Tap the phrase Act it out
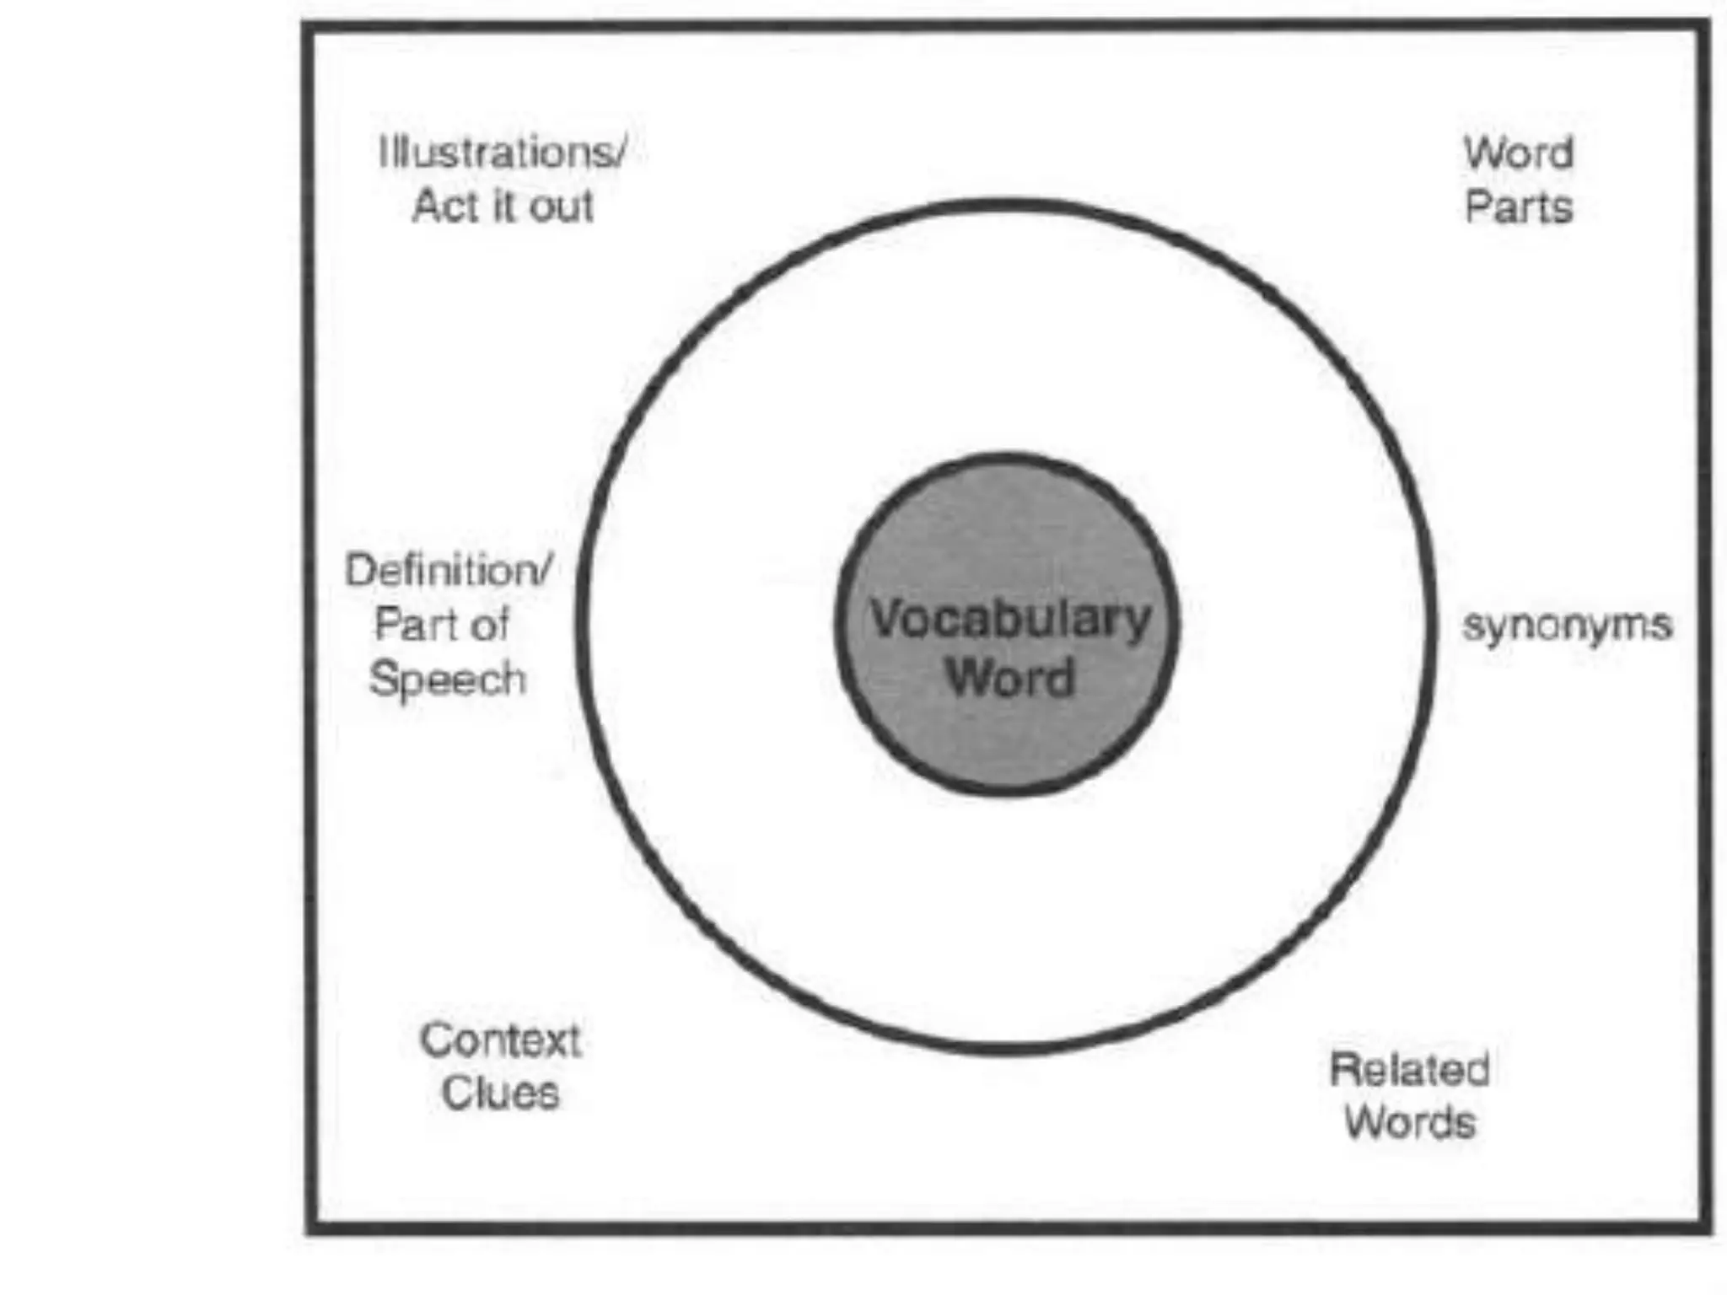503,207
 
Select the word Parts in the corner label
1518,207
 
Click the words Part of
441,625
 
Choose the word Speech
447,679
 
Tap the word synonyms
1567,626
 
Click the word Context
500,1040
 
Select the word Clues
500,1093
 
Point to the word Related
1409,1070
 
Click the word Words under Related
1409,1123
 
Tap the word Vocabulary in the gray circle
1009,620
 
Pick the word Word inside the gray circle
1010,676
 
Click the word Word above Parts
1518,153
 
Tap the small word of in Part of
491,625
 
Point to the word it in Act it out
503,207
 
